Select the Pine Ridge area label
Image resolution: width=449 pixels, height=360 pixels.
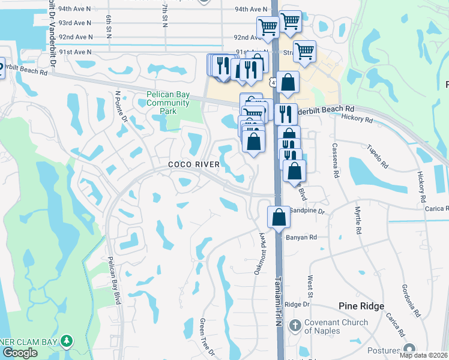[x=361, y=306]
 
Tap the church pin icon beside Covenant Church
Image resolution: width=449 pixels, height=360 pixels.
[x=294, y=325]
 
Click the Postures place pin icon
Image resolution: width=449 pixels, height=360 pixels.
[x=410, y=349]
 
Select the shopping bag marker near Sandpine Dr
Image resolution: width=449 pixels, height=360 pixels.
[x=279, y=217]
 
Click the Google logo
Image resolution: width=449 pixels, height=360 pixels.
[x=20, y=352]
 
